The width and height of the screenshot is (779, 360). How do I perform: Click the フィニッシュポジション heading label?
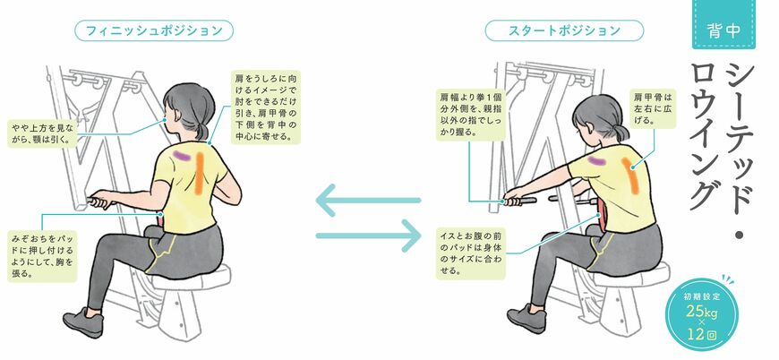(x=153, y=30)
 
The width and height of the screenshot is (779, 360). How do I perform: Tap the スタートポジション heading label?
(x=564, y=30)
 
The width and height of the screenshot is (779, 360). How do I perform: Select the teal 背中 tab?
(x=723, y=25)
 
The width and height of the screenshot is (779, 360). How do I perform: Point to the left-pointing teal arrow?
(x=368, y=200)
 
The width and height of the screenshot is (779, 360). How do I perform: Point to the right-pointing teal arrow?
(x=369, y=236)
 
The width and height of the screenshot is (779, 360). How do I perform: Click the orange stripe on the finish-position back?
(x=199, y=173)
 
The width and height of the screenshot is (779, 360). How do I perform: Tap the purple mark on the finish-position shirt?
(x=182, y=156)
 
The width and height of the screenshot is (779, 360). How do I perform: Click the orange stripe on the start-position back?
(x=629, y=176)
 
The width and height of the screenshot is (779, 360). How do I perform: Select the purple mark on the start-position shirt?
(x=595, y=160)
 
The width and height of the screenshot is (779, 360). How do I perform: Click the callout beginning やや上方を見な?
(x=43, y=133)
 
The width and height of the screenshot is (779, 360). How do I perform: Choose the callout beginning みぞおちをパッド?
(x=42, y=255)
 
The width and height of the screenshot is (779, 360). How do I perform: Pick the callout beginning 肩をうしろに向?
(x=266, y=107)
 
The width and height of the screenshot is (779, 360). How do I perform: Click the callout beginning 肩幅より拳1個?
(x=471, y=114)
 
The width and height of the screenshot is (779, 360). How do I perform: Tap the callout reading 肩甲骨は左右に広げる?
(x=653, y=108)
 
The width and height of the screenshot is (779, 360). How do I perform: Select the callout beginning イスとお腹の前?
(x=471, y=253)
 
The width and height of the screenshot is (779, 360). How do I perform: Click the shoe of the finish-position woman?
(x=83, y=321)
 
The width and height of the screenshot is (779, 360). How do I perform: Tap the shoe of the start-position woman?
(x=526, y=318)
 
